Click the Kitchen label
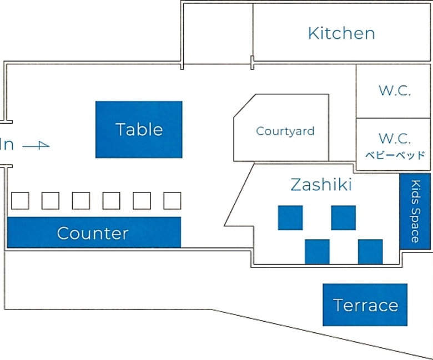(x=341, y=33)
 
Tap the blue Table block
(x=139, y=129)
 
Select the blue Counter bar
(x=93, y=233)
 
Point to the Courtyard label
(x=285, y=131)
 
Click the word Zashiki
(x=321, y=185)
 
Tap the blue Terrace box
(x=365, y=305)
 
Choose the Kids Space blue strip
(x=415, y=211)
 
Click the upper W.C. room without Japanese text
(x=394, y=91)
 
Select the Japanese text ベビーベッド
(x=394, y=155)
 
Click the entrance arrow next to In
(x=37, y=145)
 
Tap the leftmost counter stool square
(x=21, y=201)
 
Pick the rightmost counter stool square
(x=172, y=201)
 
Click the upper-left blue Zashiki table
(x=290, y=217)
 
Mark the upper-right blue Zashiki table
(x=343, y=217)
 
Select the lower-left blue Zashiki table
(x=317, y=251)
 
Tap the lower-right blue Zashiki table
(x=370, y=251)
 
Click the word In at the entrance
(x=7, y=145)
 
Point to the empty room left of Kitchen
(x=217, y=32)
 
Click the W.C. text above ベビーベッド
(x=394, y=138)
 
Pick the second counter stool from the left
(x=51, y=201)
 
